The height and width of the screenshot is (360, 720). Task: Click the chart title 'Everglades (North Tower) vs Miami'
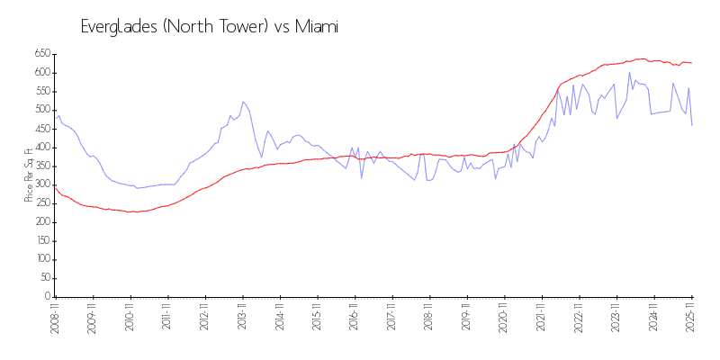pyautogui.click(x=210, y=27)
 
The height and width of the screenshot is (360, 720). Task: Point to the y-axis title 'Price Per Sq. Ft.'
pyautogui.click(x=29, y=175)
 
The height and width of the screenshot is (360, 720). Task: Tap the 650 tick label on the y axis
pyautogui.click(x=42, y=54)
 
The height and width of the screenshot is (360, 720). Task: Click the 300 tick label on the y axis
pyautogui.click(x=42, y=184)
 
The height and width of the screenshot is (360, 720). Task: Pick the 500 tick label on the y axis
pyautogui.click(x=42, y=110)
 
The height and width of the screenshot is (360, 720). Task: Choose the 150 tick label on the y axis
pyautogui.click(x=42, y=240)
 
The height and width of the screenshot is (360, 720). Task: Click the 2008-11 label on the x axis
pyautogui.click(x=55, y=319)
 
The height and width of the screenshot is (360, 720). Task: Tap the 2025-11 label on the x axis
pyautogui.click(x=691, y=319)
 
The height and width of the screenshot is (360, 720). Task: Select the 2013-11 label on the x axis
pyautogui.click(x=242, y=319)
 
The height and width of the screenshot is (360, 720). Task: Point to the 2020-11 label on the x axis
pyautogui.click(x=504, y=319)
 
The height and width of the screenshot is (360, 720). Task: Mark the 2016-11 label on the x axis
pyautogui.click(x=355, y=319)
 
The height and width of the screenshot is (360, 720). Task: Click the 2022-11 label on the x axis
pyautogui.click(x=579, y=319)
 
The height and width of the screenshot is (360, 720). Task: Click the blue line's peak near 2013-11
pyautogui.click(x=243, y=102)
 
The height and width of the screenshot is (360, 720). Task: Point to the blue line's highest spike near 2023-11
pyautogui.click(x=630, y=73)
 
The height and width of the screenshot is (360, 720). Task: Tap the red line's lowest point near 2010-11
pyautogui.click(x=131, y=211)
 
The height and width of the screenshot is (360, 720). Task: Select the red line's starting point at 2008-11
pyautogui.click(x=55, y=188)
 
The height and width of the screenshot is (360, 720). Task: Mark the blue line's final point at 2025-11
pyautogui.click(x=691, y=125)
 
